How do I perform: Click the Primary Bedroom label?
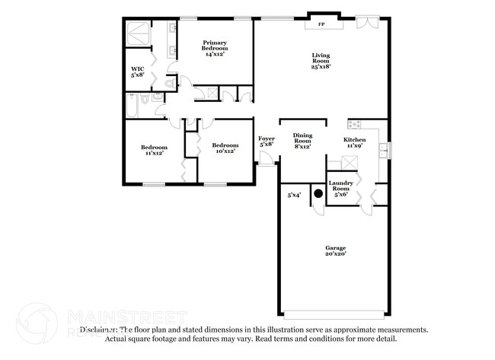pyautogui.click(x=214, y=48)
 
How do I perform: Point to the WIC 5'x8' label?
pyautogui.click(x=138, y=72)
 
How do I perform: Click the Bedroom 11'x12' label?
pyautogui.click(x=154, y=150)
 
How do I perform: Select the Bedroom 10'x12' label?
pyautogui.click(x=225, y=148)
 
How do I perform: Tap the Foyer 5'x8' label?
pyautogui.click(x=267, y=142)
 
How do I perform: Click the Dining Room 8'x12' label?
pyautogui.click(x=303, y=140)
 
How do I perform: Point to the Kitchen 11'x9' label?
pyautogui.click(x=354, y=143)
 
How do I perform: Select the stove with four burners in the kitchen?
pyautogui.click(x=355, y=124)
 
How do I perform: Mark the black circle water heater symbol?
pyautogui.click(x=319, y=193)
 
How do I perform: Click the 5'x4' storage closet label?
pyautogui.click(x=294, y=196)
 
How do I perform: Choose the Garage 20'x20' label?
pyautogui.click(x=336, y=251)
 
